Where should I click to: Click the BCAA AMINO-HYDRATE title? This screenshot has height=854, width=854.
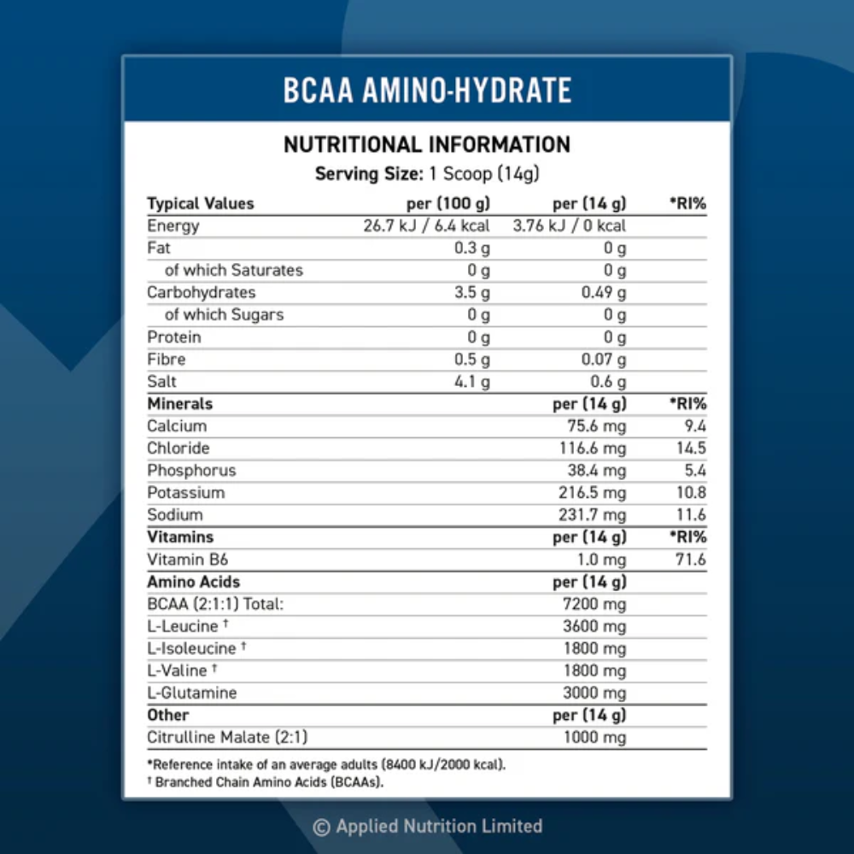click(x=427, y=90)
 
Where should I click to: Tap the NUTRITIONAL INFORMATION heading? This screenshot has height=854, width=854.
click(x=427, y=144)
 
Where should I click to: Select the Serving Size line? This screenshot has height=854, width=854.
click(x=427, y=173)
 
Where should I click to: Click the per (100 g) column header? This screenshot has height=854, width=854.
click(x=447, y=203)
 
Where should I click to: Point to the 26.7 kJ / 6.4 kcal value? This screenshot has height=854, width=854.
click(x=427, y=225)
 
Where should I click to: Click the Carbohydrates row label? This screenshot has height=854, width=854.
click(x=201, y=292)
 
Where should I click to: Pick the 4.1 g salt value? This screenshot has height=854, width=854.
click(x=472, y=382)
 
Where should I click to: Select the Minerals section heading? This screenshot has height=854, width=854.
click(x=179, y=403)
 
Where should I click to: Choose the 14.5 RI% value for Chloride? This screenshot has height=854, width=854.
click(x=689, y=448)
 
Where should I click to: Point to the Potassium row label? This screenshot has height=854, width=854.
click(x=185, y=493)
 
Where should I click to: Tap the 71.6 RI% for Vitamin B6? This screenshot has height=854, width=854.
click(x=689, y=559)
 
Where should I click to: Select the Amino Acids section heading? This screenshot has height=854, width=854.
click(x=193, y=582)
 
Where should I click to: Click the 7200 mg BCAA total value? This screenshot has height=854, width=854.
click(x=595, y=605)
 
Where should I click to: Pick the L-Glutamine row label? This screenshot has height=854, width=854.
click(x=191, y=693)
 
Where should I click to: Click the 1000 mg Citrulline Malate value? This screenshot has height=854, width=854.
click(x=595, y=738)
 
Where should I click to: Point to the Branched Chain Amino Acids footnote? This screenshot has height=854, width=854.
click(x=266, y=781)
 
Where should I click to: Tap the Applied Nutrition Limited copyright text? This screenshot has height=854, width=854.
click(x=427, y=826)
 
